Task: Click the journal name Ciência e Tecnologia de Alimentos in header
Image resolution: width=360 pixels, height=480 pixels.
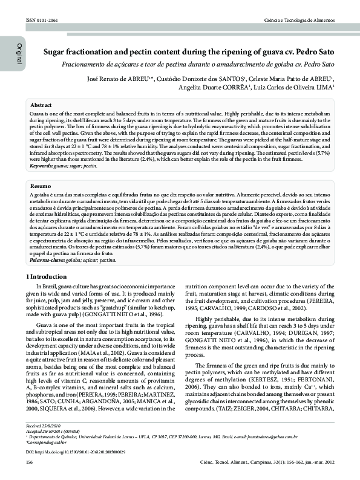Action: [x=299, y=20]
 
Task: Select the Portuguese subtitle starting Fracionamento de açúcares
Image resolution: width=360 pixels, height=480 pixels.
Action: [x=198, y=64]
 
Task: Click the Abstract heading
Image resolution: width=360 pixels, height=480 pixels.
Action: [x=41, y=105]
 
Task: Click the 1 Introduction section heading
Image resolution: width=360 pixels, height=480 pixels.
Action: [x=50, y=276]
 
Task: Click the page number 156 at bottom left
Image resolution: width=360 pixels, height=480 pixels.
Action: [x=29, y=462]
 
